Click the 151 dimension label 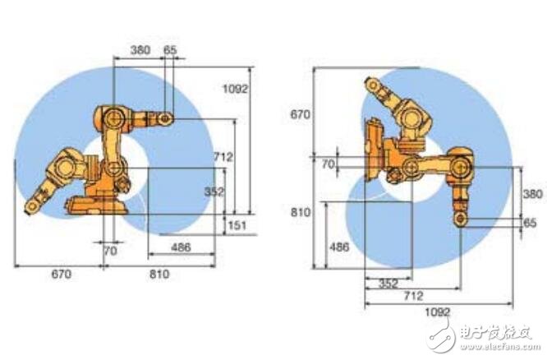pos(237,225)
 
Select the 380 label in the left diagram pos(140,50)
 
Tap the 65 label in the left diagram pos(170,50)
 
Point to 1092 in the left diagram pos(236,89)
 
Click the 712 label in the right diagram pos(413,296)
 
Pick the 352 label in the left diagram pos(214,192)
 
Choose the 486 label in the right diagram pos(339,247)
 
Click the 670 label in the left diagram pos(62,274)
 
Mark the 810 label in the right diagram pos(301,212)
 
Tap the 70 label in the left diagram pos(110,251)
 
